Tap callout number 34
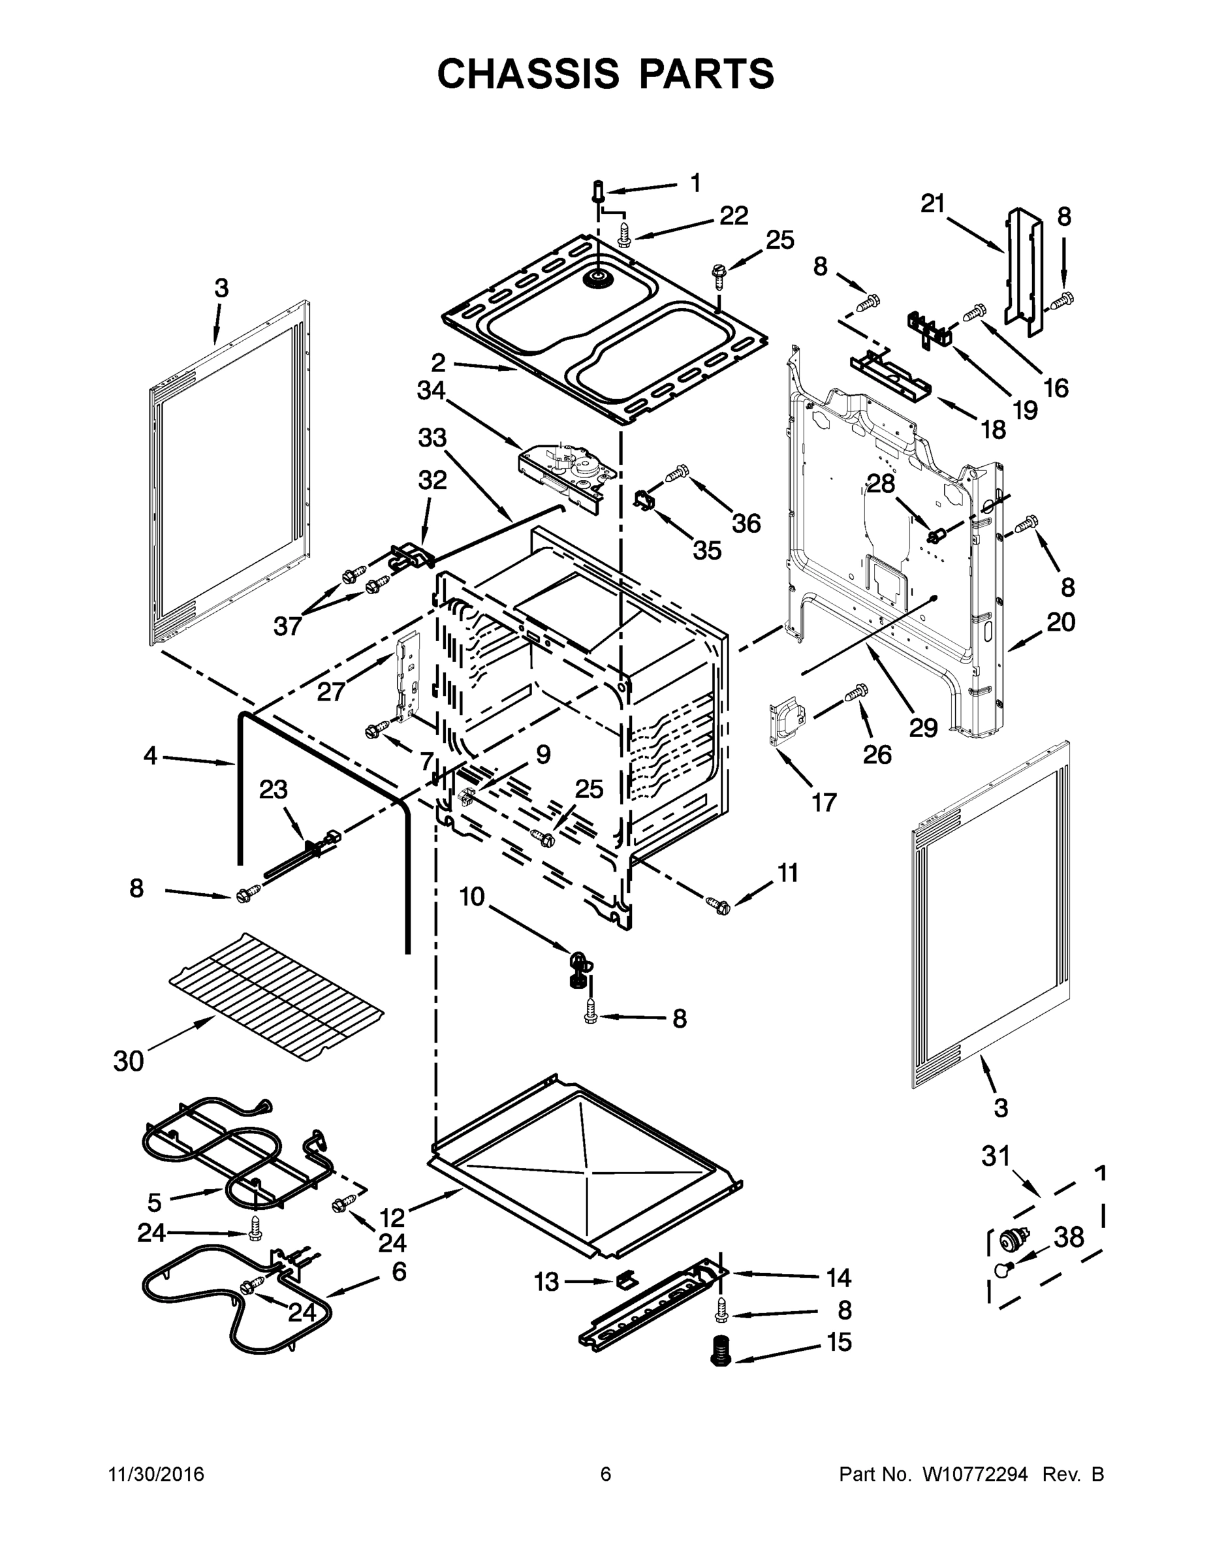coord(431,391)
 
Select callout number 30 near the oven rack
coord(129,1060)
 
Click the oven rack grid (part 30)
coord(276,996)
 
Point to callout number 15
coord(839,1342)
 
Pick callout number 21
coord(933,204)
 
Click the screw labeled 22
coord(625,234)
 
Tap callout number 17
coord(824,802)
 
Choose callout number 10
coord(472,896)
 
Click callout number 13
coord(546,1282)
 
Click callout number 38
coord(1068,1237)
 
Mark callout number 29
coord(923,728)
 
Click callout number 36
coord(746,523)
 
